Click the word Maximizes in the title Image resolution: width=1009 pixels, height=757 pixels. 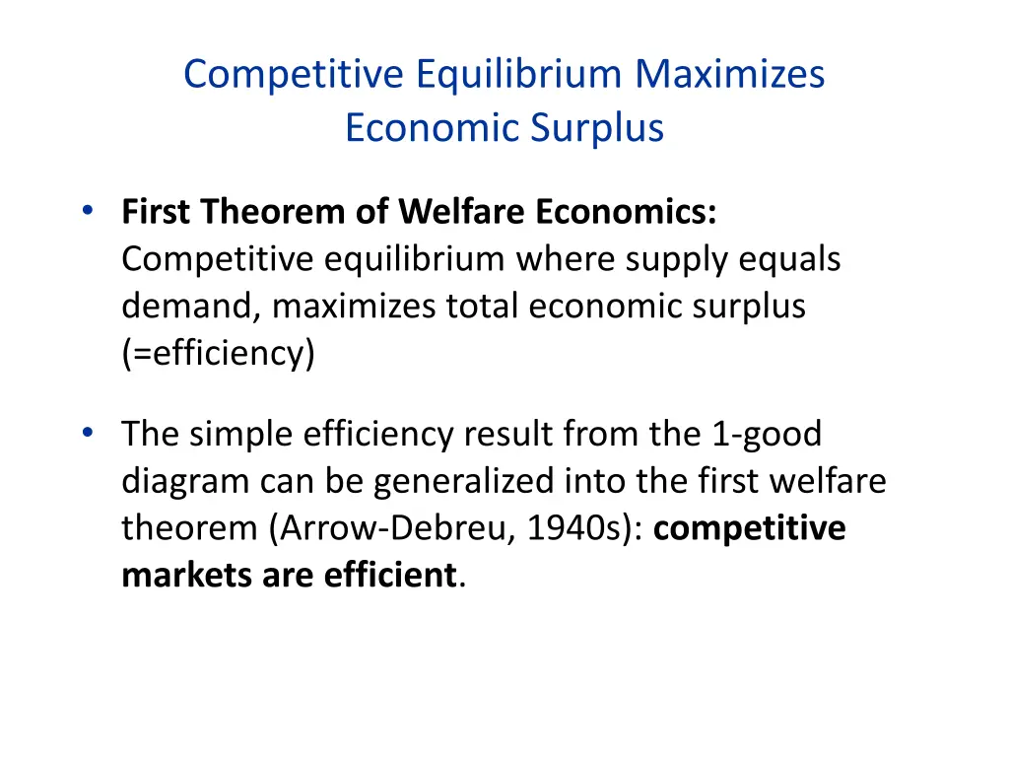(x=730, y=75)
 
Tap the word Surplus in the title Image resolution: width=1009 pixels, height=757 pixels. (x=598, y=128)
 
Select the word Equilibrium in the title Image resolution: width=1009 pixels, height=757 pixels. (x=519, y=75)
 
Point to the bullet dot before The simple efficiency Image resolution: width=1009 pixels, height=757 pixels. (x=89, y=432)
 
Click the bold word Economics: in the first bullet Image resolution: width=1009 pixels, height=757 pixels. (x=627, y=212)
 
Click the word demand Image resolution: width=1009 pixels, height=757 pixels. (x=185, y=307)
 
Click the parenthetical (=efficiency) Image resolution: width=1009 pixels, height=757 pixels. (x=218, y=354)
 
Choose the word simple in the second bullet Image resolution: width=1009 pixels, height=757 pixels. (x=244, y=434)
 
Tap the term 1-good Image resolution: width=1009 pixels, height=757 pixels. (x=761, y=434)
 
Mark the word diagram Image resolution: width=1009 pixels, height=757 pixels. (x=186, y=481)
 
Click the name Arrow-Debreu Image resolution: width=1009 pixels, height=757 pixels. (x=391, y=528)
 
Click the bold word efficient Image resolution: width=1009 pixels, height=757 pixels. (x=391, y=576)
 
